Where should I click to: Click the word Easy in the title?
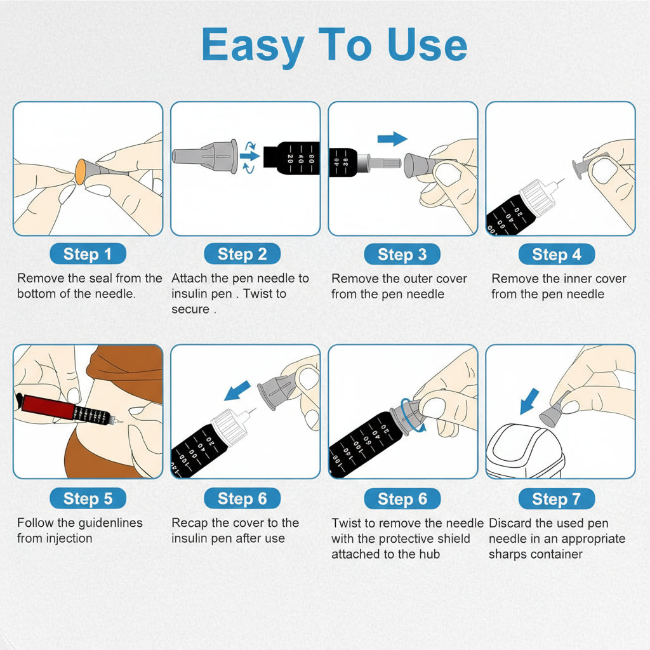[253, 46]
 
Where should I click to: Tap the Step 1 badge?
[88, 254]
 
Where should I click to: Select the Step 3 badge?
[402, 254]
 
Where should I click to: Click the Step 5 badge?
[88, 498]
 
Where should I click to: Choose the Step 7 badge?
[556, 499]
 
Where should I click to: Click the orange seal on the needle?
[81, 171]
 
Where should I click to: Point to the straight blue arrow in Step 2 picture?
[249, 156]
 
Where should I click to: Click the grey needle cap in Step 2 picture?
[205, 156]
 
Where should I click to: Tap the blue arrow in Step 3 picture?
[392, 139]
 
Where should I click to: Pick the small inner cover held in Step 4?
[581, 167]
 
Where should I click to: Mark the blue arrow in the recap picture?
[237, 390]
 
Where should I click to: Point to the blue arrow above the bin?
[529, 401]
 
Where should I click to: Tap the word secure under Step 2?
[190, 309]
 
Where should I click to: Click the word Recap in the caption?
[189, 523]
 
